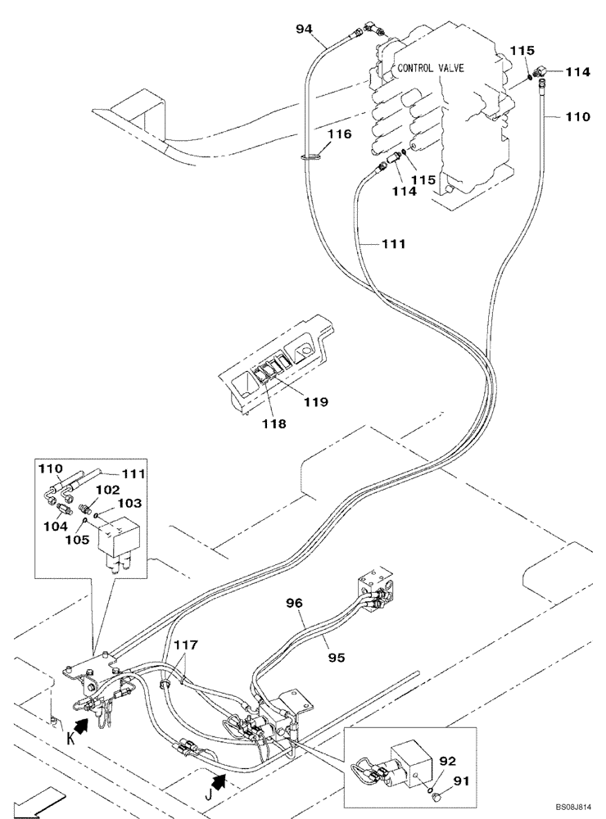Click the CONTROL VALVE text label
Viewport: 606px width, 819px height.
pyautogui.click(x=431, y=68)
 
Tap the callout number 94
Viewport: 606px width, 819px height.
pyautogui.click(x=305, y=29)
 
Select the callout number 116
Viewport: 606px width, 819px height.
pyautogui.click(x=340, y=134)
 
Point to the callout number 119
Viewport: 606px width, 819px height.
pyautogui.click(x=316, y=401)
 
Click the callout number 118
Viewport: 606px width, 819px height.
pyautogui.click(x=275, y=423)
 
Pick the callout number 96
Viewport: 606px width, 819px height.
pyautogui.click(x=294, y=604)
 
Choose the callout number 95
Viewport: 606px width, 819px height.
pyautogui.click(x=337, y=657)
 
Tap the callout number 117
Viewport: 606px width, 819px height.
pyautogui.click(x=186, y=645)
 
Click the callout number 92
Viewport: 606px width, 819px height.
pyautogui.click(x=446, y=761)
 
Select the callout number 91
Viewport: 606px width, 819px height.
pyautogui.click(x=461, y=781)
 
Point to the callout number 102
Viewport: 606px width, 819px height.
pyautogui.click(x=107, y=490)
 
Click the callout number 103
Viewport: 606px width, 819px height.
pyautogui.click(x=129, y=503)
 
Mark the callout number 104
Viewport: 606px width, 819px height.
pyautogui.click(x=56, y=526)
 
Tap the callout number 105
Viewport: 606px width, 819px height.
pyautogui.click(x=77, y=540)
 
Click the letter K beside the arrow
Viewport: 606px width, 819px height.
pyautogui.click(x=70, y=739)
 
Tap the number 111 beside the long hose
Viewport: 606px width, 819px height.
pyautogui.click(x=393, y=244)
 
